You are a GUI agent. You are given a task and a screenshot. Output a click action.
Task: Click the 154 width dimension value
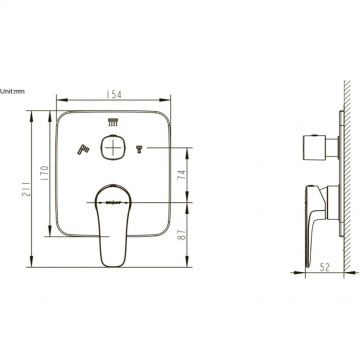[x=114, y=94]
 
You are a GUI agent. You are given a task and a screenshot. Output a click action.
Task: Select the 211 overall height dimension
[x=28, y=189]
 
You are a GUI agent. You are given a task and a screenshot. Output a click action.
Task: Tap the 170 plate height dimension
[x=45, y=172]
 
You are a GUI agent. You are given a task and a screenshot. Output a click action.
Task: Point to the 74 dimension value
[x=182, y=174]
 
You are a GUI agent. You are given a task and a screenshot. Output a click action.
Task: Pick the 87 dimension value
[x=182, y=234]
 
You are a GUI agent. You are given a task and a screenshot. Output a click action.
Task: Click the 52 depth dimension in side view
[x=324, y=267]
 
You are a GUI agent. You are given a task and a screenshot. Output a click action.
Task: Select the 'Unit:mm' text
[x=12, y=91]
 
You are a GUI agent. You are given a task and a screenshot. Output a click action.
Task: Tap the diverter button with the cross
[x=113, y=147]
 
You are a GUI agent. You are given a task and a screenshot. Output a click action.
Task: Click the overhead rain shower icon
[x=113, y=122]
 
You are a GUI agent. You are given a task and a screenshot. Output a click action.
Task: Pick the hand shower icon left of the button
[x=82, y=150]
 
